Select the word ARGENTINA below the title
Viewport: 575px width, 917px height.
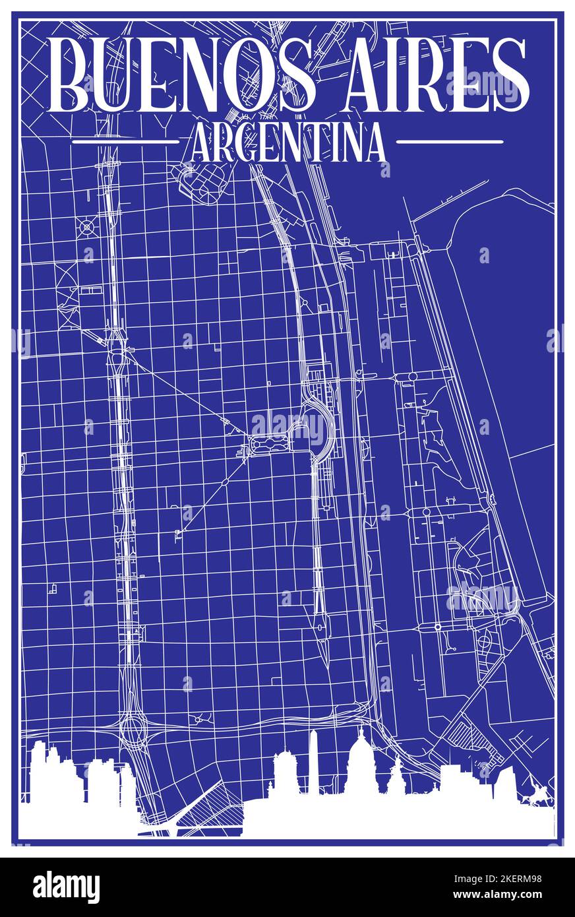[x=287, y=143]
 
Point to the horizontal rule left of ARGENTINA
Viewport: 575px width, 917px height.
[x=125, y=141]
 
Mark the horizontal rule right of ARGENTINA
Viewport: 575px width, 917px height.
[x=450, y=141]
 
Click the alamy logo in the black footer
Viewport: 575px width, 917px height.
[x=66, y=887]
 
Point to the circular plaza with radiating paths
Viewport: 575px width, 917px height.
[x=86, y=227]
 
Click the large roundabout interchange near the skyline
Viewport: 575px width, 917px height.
[x=131, y=728]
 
